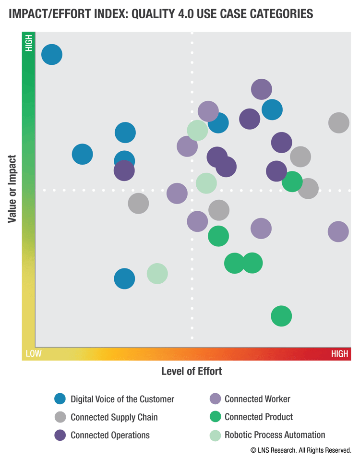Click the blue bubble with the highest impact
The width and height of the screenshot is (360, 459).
coord(52,54)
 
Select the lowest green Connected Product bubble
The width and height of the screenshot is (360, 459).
coord(281,316)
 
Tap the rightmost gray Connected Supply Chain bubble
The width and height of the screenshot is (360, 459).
coord(338,123)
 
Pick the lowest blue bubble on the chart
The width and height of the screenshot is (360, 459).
coord(124,278)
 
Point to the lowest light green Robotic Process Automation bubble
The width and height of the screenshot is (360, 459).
coord(157,274)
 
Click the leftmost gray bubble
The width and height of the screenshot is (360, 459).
coord(138,204)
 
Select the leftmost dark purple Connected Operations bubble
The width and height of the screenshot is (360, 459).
coord(124,170)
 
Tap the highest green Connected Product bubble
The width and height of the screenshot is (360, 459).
coord(292,181)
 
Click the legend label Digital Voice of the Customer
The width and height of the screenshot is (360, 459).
coord(122,399)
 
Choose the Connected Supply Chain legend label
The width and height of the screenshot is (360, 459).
coord(114,417)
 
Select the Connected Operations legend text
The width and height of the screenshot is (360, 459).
coord(110,435)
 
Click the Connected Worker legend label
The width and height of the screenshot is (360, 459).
coord(257,399)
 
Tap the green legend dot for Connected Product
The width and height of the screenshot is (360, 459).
coord(216,417)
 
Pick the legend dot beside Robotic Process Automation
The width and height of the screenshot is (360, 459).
coord(216,435)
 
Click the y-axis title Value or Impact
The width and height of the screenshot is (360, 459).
coord(12,189)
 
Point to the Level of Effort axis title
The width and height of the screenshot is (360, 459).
coord(192,371)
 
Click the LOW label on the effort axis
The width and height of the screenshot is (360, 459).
coord(34,354)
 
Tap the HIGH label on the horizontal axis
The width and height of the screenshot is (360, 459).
coord(339,354)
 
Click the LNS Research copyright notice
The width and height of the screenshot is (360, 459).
coord(300,450)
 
